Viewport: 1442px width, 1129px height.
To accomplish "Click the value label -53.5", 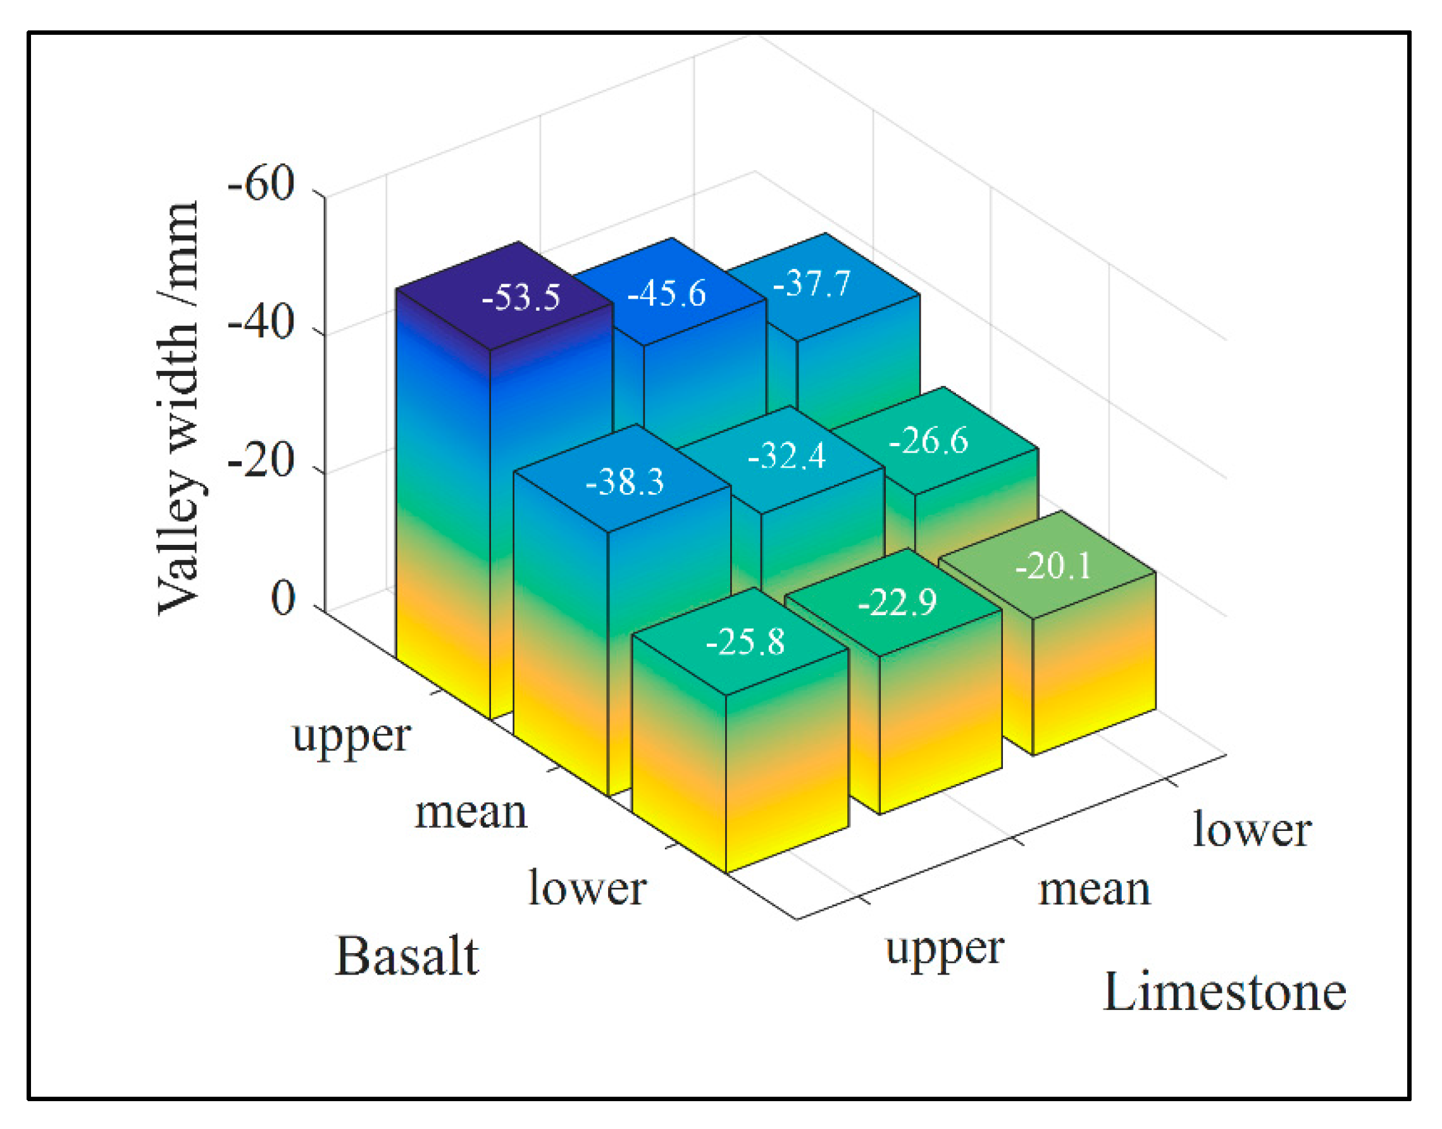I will (x=521, y=297).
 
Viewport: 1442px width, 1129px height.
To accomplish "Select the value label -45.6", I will (x=666, y=294).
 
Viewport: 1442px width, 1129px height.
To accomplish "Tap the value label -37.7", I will (x=812, y=284).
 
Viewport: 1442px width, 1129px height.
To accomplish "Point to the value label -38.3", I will (x=625, y=481).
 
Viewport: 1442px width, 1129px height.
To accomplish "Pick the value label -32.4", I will (x=786, y=456).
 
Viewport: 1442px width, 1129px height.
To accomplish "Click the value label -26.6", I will (x=928, y=440).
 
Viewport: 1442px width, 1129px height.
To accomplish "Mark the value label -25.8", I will (x=745, y=641).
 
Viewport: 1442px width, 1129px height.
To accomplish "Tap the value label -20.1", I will (x=1054, y=566).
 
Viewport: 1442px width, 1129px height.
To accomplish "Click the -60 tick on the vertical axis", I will (x=261, y=184).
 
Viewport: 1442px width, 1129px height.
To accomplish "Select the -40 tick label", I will (x=261, y=324).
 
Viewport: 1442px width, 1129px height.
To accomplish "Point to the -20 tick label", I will (x=261, y=461).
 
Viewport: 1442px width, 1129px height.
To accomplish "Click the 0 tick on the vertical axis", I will (x=283, y=599).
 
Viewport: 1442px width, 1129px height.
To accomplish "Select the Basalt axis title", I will (x=407, y=957).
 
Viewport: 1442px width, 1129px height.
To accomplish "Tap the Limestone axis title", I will (x=1224, y=993).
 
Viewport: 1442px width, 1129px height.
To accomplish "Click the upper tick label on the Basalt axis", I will (x=352, y=738).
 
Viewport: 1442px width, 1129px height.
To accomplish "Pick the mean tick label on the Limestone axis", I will (x=1095, y=890).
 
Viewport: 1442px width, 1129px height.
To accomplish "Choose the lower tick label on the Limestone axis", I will (x=1252, y=830).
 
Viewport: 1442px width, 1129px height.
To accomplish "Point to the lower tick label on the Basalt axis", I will (x=588, y=889).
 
